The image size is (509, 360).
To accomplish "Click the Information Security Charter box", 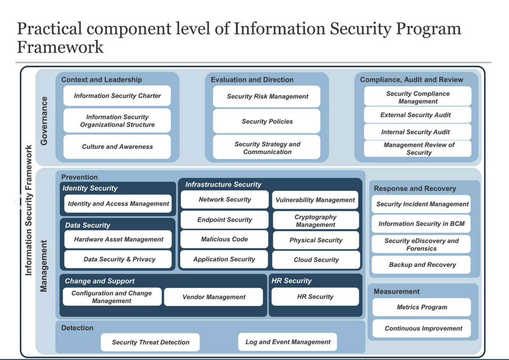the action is pyautogui.click(x=117, y=96).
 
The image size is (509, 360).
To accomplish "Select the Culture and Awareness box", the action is pyautogui.click(x=117, y=147).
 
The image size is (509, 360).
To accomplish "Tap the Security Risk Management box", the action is pyautogui.click(x=267, y=96).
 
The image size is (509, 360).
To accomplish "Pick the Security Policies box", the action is pyautogui.click(x=267, y=121).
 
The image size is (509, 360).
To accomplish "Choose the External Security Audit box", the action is pyautogui.click(x=417, y=115).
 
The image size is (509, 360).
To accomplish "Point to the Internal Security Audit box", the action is pyautogui.click(x=417, y=132).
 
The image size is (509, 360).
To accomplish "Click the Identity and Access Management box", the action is pyautogui.click(x=118, y=204).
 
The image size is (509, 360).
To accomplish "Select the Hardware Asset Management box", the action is pyautogui.click(x=118, y=239).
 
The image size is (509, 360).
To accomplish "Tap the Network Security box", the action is pyautogui.click(x=225, y=199).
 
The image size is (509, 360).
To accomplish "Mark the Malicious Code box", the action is pyautogui.click(x=224, y=239).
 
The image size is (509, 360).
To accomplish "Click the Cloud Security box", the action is pyautogui.click(x=316, y=260).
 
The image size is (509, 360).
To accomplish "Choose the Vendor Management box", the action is pyautogui.click(x=214, y=297).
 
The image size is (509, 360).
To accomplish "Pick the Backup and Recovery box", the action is pyautogui.click(x=422, y=265).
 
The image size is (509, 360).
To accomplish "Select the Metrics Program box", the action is pyautogui.click(x=422, y=307).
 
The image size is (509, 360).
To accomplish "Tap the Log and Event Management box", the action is pyautogui.click(x=288, y=342).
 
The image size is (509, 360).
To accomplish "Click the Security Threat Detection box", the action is pyautogui.click(x=151, y=342).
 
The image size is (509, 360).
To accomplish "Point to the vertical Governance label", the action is pyautogui.click(x=44, y=121).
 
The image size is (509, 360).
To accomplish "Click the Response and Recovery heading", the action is pyautogui.click(x=415, y=189).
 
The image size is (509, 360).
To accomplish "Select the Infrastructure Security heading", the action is pyautogui.click(x=223, y=184).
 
